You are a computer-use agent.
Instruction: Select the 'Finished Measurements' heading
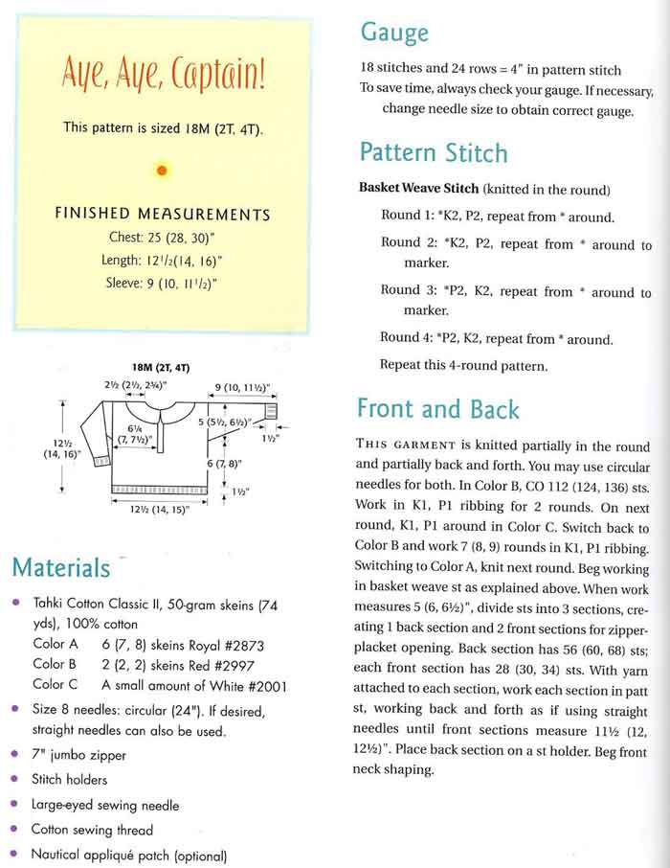[x=162, y=215]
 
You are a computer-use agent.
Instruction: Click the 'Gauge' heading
[x=393, y=34]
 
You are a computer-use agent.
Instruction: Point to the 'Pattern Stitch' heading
[x=434, y=153]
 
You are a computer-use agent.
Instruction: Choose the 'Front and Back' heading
[x=437, y=409]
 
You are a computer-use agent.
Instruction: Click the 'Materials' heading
[x=61, y=568]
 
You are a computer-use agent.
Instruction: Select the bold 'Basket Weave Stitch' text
[x=418, y=188]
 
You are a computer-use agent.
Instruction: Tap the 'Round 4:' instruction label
[x=400, y=338]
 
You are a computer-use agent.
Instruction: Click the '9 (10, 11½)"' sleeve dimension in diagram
[x=242, y=388]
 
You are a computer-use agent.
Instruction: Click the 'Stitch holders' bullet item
[x=70, y=780]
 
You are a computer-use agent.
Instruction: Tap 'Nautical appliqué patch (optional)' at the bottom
[x=128, y=855]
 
